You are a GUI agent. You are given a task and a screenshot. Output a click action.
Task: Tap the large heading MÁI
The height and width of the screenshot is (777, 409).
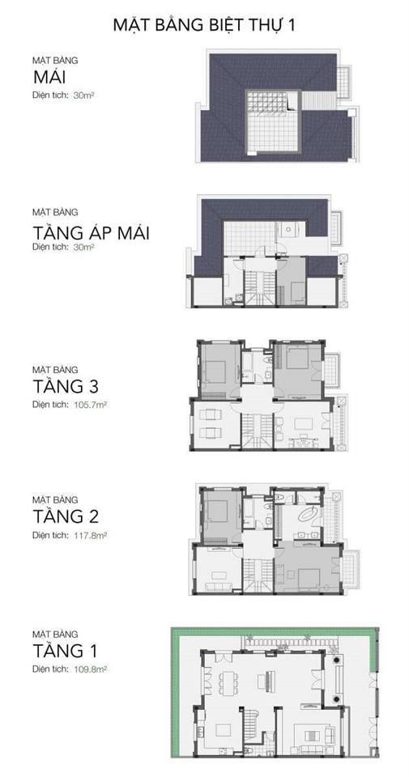pyautogui.click(x=50, y=78)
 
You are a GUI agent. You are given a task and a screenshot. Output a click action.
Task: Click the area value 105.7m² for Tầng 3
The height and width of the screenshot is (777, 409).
pyautogui.click(x=90, y=405)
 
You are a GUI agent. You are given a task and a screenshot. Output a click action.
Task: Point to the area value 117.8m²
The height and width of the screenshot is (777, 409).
pyautogui.click(x=90, y=536)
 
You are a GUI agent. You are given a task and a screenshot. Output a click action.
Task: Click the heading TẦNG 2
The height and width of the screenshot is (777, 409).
pyautogui.click(x=66, y=516)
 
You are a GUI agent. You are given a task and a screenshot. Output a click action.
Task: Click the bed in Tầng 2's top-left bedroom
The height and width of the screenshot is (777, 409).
pyautogui.click(x=216, y=512)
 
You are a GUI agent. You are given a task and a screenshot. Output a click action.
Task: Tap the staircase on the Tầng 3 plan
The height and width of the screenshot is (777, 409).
pyautogui.click(x=258, y=431)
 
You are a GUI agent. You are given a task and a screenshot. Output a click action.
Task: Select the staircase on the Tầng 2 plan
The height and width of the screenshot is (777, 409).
pyautogui.click(x=258, y=575)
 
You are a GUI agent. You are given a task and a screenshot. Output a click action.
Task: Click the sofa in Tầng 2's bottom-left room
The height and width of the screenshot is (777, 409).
pyautogui.click(x=217, y=588)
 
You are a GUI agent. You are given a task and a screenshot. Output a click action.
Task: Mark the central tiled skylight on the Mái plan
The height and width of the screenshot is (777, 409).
pyautogui.click(x=273, y=122)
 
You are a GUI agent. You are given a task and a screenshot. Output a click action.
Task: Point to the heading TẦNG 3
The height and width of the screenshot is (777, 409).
pyautogui.click(x=66, y=385)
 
